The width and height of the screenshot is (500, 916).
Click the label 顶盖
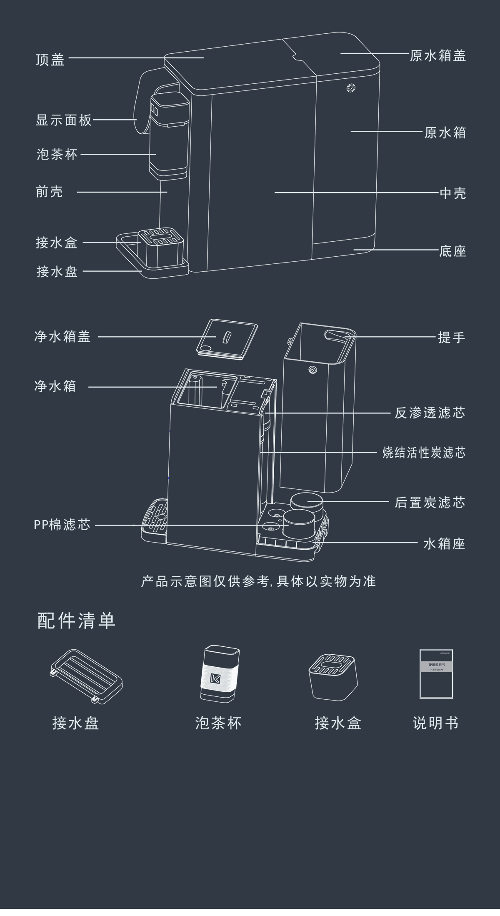(50, 60)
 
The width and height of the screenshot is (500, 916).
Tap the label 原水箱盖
(437, 56)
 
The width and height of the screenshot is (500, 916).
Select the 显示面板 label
(64, 120)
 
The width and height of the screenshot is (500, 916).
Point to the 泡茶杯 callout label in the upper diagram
(57, 155)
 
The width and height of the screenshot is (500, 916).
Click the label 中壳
(452, 193)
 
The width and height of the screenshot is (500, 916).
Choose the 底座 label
(452, 251)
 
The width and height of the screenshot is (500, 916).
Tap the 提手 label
(451, 337)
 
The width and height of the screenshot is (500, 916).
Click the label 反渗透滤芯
(430, 413)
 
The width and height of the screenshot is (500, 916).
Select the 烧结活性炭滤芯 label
(424, 453)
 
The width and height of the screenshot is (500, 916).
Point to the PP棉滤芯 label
(62, 525)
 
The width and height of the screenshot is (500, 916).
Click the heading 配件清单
(76, 621)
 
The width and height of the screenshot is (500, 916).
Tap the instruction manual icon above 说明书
(436, 674)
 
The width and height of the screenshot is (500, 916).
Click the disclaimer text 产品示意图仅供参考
(258, 581)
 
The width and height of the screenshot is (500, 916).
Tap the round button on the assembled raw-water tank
(351, 88)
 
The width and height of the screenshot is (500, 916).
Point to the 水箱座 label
(444, 543)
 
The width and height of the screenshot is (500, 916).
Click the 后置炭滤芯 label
(430, 503)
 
